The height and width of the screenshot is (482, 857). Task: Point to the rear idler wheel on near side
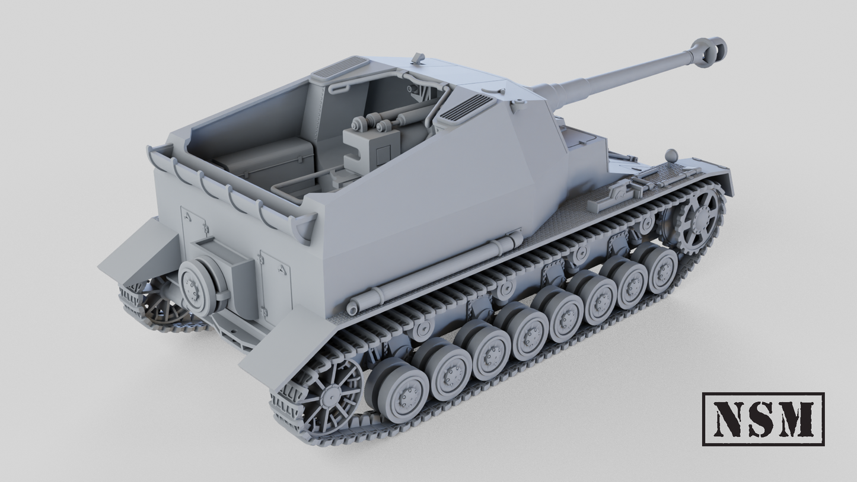[325, 397]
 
